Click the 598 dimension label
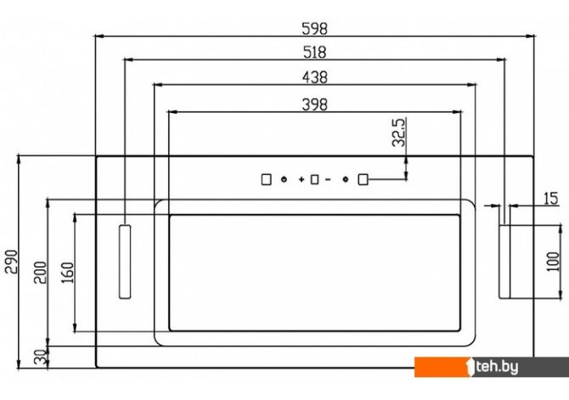point(314,29)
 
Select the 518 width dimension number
point(314,53)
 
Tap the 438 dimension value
point(314,77)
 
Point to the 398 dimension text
point(314,105)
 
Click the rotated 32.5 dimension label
point(399,132)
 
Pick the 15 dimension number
point(550,199)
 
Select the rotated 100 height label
point(553,262)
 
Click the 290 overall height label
point(11,262)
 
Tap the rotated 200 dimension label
point(40,273)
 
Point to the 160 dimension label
point(67,273)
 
